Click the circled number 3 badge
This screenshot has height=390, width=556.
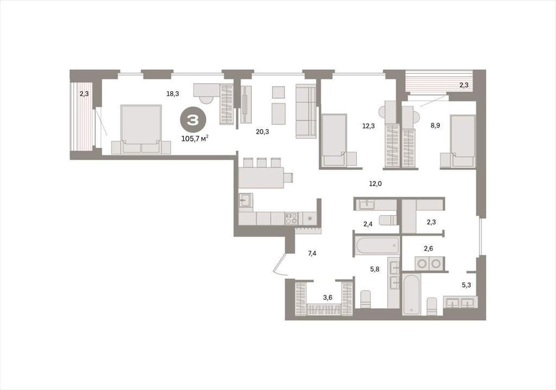(193, 121)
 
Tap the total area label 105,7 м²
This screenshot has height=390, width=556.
(195, 139)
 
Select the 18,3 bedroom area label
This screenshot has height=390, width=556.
(173, 93)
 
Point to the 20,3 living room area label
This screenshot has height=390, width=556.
(262, 131)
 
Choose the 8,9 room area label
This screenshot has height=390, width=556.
(435, 125)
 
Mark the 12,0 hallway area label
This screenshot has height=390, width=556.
(375, 184)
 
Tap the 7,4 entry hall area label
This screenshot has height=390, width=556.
(312, 253)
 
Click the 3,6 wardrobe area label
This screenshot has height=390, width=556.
(327, 297)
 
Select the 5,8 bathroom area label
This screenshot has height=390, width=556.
(375, 269)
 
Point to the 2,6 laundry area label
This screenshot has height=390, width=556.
(428, 248)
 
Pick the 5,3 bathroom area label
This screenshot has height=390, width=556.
(466, 284)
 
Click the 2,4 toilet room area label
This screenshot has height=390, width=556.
(368, 224)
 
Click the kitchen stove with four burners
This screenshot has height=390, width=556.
(292, 218)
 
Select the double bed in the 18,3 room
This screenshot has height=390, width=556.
(141, 129)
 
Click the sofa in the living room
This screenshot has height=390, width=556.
(306, 111)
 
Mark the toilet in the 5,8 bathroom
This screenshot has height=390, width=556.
(365, 299)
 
